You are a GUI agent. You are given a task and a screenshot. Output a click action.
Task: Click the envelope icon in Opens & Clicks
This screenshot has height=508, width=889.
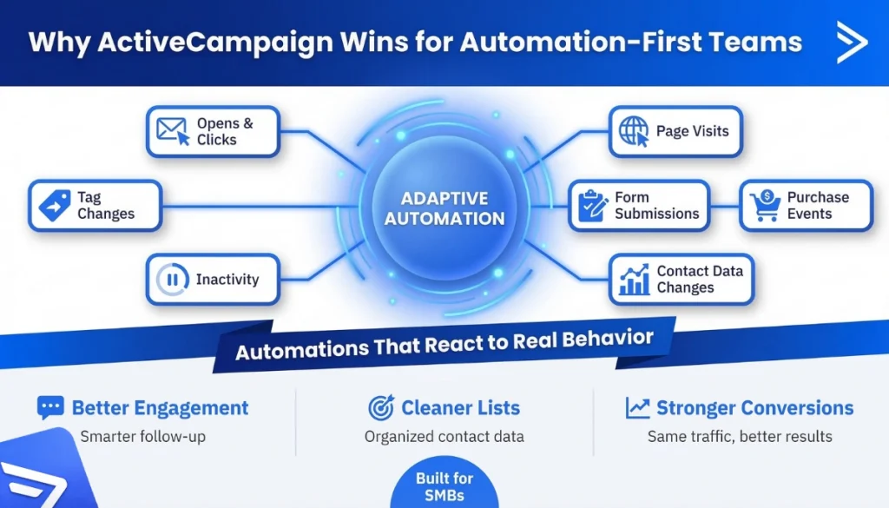click(172, 131)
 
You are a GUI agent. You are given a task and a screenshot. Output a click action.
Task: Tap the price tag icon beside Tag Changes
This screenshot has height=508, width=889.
click(54, 205)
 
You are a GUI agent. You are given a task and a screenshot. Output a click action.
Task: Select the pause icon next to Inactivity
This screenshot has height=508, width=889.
click(172, 280)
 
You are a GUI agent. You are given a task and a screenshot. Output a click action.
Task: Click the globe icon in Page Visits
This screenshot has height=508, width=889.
click(634, 131)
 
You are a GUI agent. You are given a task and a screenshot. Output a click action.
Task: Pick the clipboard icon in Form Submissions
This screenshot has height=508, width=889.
click(593, 205)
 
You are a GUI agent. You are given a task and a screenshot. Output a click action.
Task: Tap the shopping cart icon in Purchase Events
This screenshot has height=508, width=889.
click(765, 206)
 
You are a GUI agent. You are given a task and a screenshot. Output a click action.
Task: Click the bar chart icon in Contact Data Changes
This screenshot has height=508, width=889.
click(634, 280)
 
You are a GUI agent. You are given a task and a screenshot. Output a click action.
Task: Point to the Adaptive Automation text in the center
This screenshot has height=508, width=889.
click(444, 208)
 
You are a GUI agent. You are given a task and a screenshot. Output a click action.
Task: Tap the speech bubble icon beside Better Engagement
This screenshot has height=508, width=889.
click(50, 408)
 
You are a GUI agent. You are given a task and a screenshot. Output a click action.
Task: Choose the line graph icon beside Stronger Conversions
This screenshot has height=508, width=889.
click(637, 408)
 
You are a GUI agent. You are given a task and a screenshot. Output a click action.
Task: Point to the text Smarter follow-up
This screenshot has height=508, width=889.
click(142, 436)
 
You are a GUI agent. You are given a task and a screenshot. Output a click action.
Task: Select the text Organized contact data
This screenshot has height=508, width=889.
click(444, 436)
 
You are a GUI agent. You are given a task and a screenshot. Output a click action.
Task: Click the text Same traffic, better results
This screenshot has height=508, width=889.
click(740, 436)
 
